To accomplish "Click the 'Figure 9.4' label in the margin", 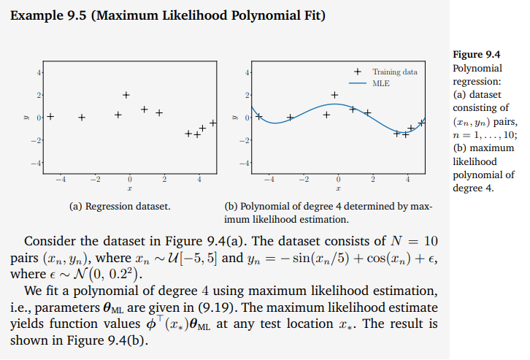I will pyautogui.click(x=477, y=54).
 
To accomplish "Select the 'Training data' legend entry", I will pyautogui.click(x=395, y=72).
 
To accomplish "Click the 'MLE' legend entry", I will pyautogui.click(x=381, y=84).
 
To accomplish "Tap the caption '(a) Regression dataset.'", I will pyautogui.click(x=120, y=207).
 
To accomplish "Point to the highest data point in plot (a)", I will pyautogui.click(x=126, y=95).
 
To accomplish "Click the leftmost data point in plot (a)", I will pyautogui.click(x=51, y=115).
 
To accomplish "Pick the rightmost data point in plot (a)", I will pyautogui.click(x=213, y=123).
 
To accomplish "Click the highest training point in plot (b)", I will pyautogui.click(x=335, y=95).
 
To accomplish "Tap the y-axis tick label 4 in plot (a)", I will pyautogui.click(x=41, y=73).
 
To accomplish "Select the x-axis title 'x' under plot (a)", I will pyautogui.click(x=129, y=187).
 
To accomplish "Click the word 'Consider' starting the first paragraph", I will pyautogui.click(x=48, y=242).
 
